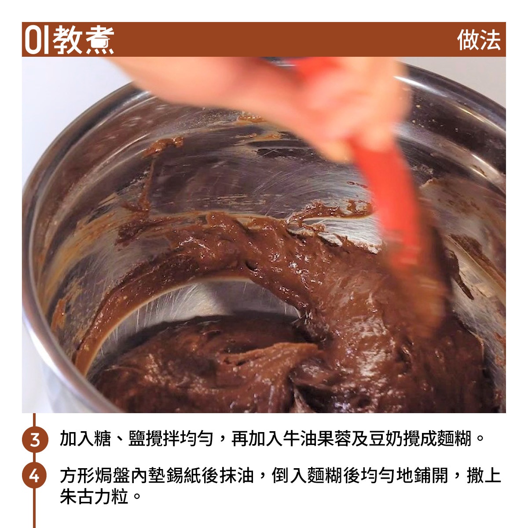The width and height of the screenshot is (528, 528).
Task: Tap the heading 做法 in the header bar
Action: point(479,40)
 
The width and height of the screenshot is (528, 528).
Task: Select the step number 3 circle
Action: point(35,439)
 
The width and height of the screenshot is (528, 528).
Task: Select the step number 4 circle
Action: point(34,475)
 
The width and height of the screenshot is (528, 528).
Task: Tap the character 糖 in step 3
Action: point(103,439)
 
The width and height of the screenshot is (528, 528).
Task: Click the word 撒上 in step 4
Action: point(484,475)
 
